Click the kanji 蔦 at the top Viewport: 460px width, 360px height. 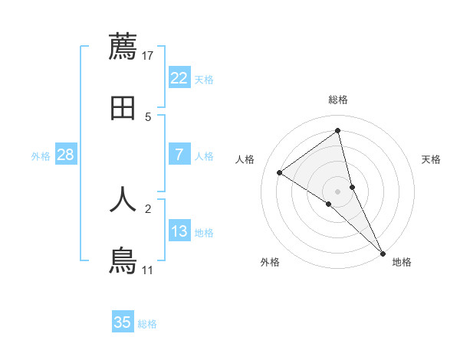[x=123, y=46]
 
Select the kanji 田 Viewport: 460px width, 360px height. [x=123, y=108]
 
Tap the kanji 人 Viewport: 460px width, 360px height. [x=123, y=198]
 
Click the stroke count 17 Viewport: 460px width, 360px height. [x=148, y=55]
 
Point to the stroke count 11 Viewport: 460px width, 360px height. [x=148, y=270]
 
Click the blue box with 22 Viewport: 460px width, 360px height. [x=179, y=78]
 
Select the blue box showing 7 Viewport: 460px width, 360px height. [x=179, y=155]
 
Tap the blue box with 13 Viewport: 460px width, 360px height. [x=179, y=231]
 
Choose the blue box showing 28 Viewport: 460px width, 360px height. [x=66, y=155]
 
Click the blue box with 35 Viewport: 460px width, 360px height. [x=123, y=322]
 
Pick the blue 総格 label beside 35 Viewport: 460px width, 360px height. [x=147, y=324]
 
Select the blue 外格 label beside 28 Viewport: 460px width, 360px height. [x=41, y=156]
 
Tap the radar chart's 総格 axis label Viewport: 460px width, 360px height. [x=338, y=100]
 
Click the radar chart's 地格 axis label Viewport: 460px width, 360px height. [x=402, y=262]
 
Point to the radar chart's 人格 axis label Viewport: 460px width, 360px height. [x=245, y=159]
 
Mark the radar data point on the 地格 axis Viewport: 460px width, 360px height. [x=383, y=252]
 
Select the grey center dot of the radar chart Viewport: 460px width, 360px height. [x=338, y=191]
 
